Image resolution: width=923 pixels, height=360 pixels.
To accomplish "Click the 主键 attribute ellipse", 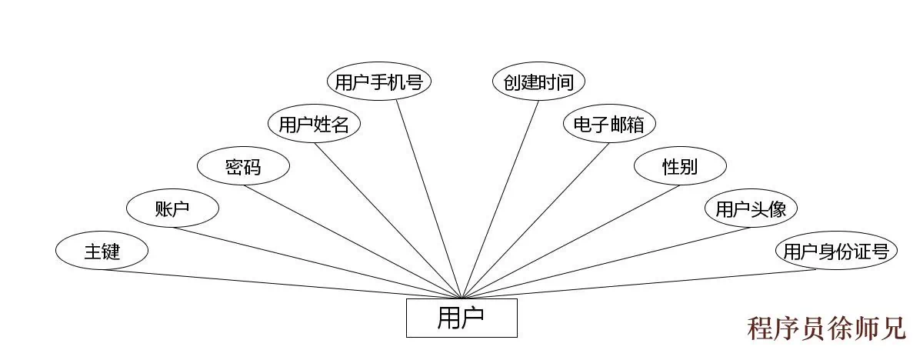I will coord(102,251).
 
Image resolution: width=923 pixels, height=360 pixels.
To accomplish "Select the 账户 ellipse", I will coord(172,208).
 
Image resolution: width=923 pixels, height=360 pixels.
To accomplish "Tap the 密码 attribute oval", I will coord(243,166).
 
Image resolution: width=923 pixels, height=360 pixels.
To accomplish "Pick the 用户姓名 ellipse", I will coord(314,124).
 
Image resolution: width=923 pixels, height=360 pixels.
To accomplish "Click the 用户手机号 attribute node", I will coord(379,82).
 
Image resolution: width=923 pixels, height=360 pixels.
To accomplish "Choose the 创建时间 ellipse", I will coord(538,82).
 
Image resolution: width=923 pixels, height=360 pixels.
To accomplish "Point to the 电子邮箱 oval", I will coord(609,124).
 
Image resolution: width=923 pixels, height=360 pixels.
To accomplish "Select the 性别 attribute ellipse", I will coord(680,166).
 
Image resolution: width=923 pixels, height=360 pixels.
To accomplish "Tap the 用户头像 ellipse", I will coord(751,208).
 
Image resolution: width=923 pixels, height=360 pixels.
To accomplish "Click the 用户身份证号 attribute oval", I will coord(836,251).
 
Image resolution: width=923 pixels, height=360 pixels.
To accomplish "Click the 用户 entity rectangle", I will coord(461,318).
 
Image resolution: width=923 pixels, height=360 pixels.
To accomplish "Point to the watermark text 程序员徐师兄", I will coord(827,328).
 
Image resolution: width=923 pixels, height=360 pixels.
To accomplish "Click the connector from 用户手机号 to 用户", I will coord(429,198).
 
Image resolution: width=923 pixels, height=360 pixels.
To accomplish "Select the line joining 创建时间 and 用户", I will coord(501,198).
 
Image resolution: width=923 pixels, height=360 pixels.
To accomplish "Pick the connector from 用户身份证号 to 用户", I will coord(638,283).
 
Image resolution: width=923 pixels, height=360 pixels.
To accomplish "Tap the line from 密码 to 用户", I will coord(354,241).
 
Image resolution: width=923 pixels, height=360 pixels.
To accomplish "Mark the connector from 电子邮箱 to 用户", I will coord(535,220).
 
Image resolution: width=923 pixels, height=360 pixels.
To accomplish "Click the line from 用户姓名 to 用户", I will coord(388,220).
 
